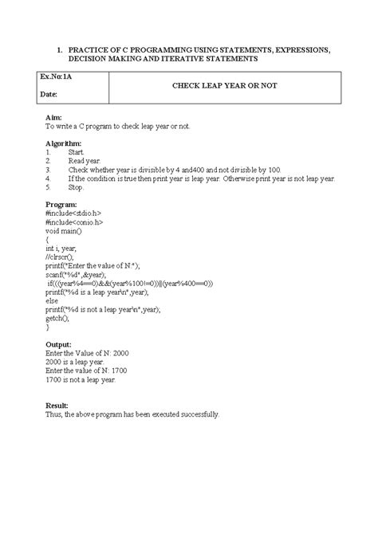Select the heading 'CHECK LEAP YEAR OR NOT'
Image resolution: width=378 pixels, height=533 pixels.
pyautogui.click(x=224, y=85)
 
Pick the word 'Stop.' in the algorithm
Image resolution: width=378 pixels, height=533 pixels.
pyautogui.click(x=76, y=187)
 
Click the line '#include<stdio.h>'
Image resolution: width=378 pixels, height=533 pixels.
pyautogui.click(x=74, y=213)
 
